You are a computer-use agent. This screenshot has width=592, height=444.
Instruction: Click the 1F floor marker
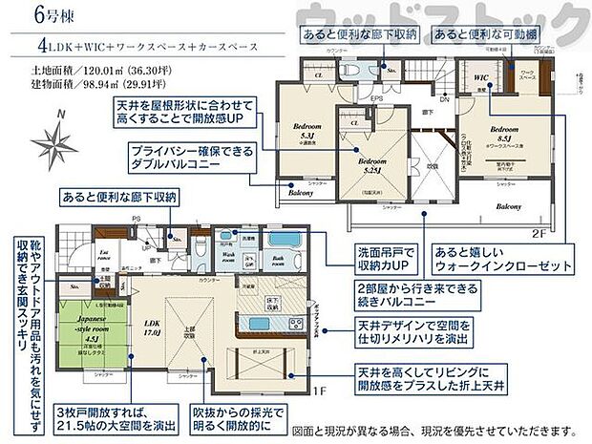click(x=321, y=391)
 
